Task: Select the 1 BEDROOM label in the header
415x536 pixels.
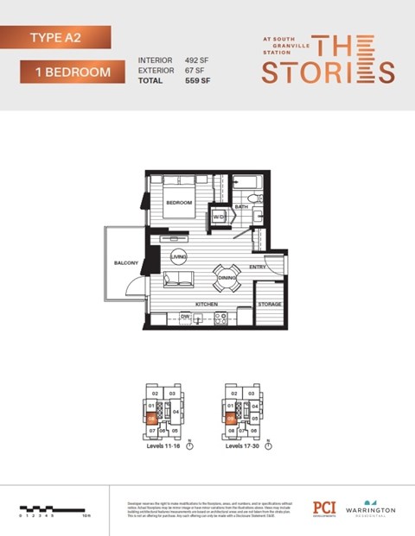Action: pyautogui.click(x=68, y=73)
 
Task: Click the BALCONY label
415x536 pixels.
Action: pyautogui.click(x=126, y=262)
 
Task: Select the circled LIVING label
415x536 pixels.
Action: pyautogui.click(x=179, y=257)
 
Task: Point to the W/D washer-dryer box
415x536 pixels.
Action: pyautogui.click(x=220, y=217)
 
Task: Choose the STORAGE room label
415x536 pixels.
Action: pyautogui.click(x=270, y=305)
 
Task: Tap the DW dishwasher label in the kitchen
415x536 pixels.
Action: pyautogui.click(x=184, y=317)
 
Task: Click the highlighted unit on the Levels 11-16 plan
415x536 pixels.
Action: pyautogui.click(x=152, y=419)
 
